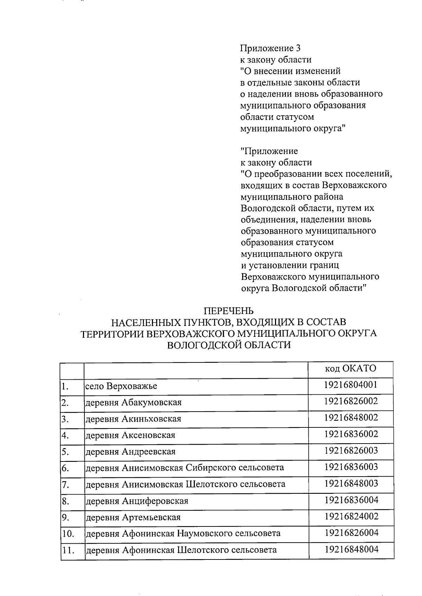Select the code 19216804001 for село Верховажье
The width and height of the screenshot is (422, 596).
tap(351, 385)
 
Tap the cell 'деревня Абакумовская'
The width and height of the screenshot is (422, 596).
tap(134, 402)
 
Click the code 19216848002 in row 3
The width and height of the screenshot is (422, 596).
tap(351, 418)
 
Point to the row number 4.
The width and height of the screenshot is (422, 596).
tap(65, 435)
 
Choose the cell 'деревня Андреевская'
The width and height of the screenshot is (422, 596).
tap(130, 452)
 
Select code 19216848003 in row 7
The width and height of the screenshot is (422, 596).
tap(351, 483)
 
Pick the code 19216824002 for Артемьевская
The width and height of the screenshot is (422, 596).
tap(351, 516)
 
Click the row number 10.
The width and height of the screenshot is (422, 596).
tap(68, 534)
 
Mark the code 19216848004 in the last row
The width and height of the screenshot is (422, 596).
tap(351, 549)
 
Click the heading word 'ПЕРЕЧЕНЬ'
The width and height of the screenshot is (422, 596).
tap(229, 311)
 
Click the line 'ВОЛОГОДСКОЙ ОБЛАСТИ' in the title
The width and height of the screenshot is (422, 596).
tap(229, 345)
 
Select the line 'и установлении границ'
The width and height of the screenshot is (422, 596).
tap(290, 265)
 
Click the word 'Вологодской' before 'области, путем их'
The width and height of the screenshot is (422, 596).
tap(268, 208)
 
